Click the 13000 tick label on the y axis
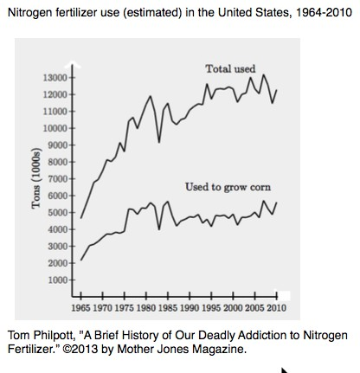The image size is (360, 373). coord(55,78)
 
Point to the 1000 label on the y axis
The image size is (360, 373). coord(57,280)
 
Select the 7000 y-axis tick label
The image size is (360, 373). coord(57,179)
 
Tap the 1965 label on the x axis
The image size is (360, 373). coord(80,308)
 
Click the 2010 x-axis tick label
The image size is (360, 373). coord(276,308)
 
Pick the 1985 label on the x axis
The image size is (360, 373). coord(168,308)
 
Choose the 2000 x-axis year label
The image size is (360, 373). coord(233,308)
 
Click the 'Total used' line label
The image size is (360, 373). coord(230,68)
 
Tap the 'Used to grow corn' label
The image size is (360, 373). coord(228,187)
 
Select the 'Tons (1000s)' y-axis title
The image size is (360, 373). coord(36,178)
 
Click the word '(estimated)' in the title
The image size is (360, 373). coord(152,13)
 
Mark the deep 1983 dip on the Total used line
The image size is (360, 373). coord(159,142)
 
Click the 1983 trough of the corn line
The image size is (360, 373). coord(159,229)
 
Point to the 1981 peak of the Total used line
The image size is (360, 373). coord(150,96)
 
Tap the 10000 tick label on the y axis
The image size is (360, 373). coord(55,128)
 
